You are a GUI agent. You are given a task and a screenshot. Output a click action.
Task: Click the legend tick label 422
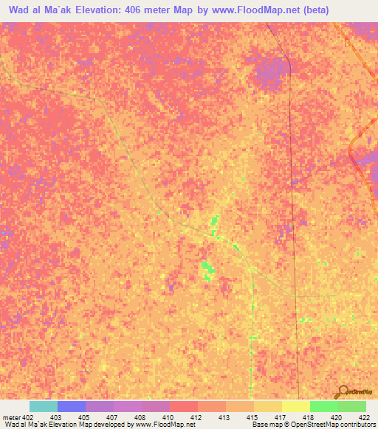[365, 416]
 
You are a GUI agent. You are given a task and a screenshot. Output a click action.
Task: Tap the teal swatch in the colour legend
[44, 406]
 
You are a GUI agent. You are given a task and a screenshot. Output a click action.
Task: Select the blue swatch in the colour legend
[72, 406]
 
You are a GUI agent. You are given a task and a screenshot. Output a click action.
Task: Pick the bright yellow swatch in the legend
[296, 406]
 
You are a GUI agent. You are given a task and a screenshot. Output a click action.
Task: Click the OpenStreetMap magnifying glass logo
[342, 391]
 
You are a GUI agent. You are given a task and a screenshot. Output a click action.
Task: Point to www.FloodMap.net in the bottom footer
[162, 425]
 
